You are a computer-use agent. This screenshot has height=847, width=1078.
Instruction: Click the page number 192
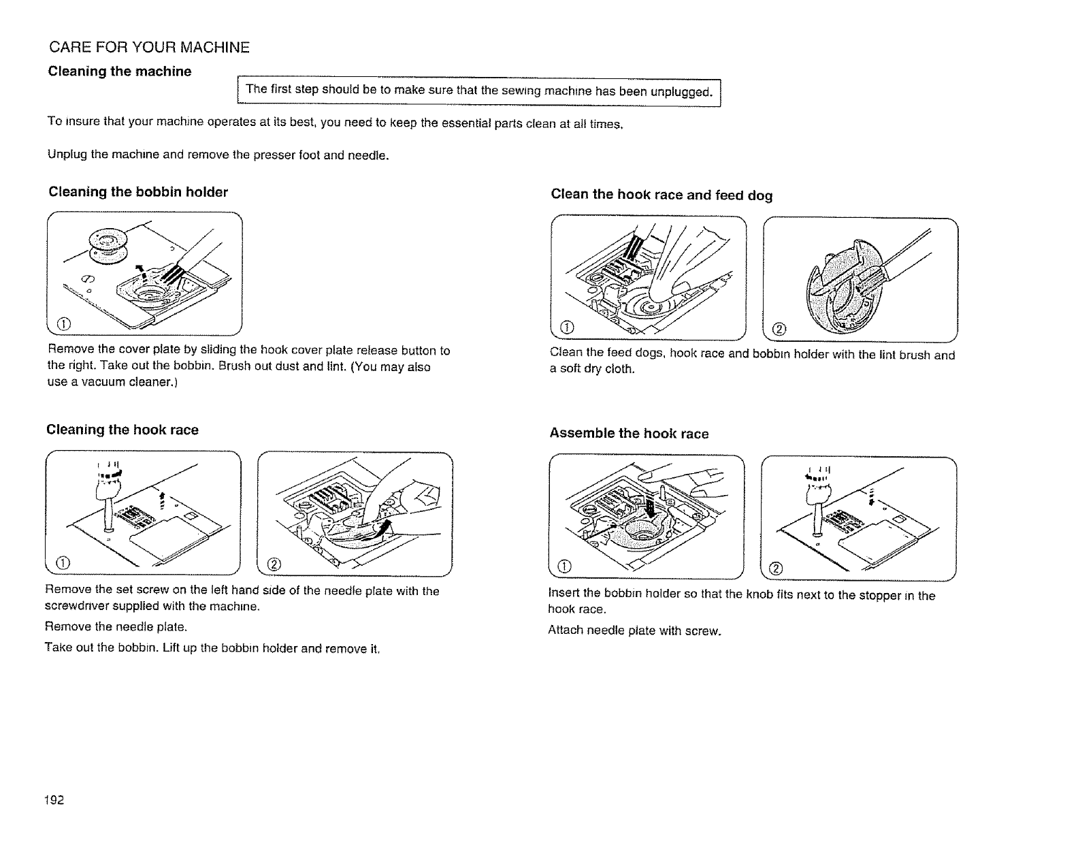[55, 799]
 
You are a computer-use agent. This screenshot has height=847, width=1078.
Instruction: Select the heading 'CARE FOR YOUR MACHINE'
[149, 48]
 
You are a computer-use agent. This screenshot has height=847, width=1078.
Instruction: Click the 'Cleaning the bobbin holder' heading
[138, 192]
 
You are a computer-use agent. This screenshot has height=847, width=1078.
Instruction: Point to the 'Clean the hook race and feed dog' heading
[661, 195]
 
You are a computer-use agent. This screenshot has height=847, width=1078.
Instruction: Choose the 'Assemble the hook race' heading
[629, 434]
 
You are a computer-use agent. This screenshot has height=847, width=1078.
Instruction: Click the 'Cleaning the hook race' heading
[122, 430]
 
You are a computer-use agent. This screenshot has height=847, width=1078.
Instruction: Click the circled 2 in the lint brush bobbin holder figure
[780, 330]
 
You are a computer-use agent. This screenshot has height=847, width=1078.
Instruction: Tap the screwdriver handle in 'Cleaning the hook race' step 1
[108, 487]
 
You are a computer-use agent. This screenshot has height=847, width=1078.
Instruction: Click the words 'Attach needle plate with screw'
[634, 630]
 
